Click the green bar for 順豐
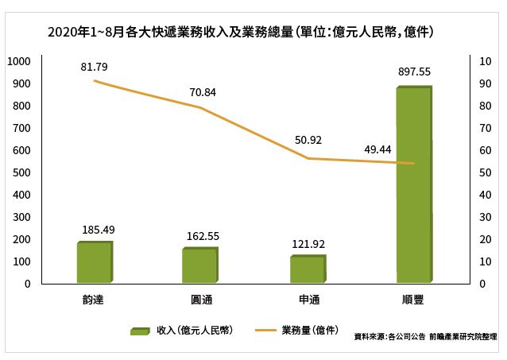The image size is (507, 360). pyautogui.click(x=414, y=184)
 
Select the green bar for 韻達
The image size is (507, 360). pyautogui.click(x=95, y=262)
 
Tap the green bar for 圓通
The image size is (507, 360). pyautogui.click(x=200, y=265)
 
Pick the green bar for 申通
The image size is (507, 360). pyautogui.click(x=308, y=269)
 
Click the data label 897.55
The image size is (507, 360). pyautogui.click(x=414, y=72)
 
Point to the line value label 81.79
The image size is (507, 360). pyautogui.click(x=94, y=67)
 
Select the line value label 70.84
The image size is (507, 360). pyautogui.click(x=203, y=92)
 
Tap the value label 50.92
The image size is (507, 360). pyautogui.click(x=308, y=140)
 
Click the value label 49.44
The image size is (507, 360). pyautogui.click(x=377, y=149)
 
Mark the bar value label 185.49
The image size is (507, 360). pyautogui.click(x=99, y=230)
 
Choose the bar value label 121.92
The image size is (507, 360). pyautogui.click(x=308, y=244)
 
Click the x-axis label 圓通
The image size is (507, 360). pyautogui.click(x=201, y=300)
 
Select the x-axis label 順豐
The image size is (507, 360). pyautogui.click(x=413, y=300)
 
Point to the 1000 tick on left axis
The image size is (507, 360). pyautogui.click(x=19, y=61)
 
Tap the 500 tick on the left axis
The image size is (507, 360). pyautogui.click(x=21, y=172)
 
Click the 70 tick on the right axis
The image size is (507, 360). pyautogui.click(x=485, y=129)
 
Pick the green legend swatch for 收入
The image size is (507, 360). pyautogui.click(x=140, y=331)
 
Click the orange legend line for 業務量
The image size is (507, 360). pyautogui.click(x=265, y=331)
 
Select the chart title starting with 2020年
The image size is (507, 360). pyautogui.click(x=241, y=33)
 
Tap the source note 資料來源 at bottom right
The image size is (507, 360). pyautogui.click(x=425, y=337)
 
